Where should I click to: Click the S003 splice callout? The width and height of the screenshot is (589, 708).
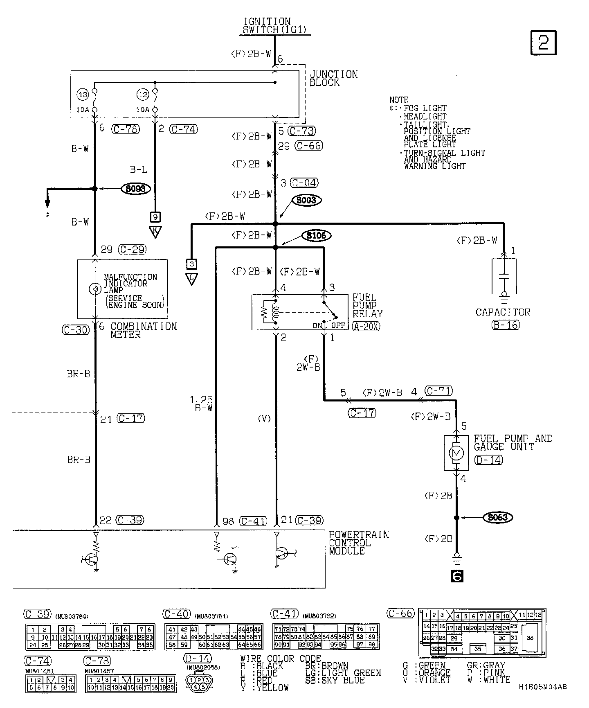point(306,201)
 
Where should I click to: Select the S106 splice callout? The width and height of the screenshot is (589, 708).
point(316,235)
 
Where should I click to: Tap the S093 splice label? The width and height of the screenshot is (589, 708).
point(136,189)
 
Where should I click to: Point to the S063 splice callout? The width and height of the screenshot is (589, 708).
point(498,517)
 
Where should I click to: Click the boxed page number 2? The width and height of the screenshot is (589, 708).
point(543,42)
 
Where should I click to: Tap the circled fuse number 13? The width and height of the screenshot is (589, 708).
point(83,95)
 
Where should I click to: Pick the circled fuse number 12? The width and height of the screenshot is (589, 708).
point(142,95)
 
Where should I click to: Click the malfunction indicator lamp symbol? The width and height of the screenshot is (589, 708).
point(94,289)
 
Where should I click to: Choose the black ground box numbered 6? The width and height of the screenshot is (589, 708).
point(456,576)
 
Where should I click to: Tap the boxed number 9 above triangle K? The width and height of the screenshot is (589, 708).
point(155,216)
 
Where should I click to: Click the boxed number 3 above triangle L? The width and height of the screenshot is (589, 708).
point(191,264)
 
